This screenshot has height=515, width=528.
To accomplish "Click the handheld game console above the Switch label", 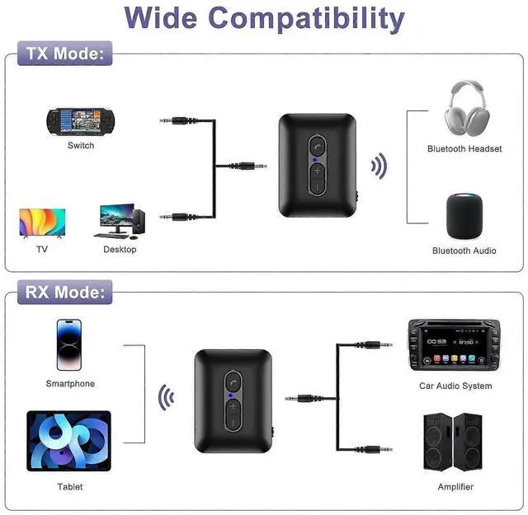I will click(x=80, y=121).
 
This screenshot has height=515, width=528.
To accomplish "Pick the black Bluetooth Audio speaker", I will click(x=464, y=215).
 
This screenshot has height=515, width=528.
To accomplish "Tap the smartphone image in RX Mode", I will click(x=70, y=344).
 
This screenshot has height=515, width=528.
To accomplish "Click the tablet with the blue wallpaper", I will click(x=69, y=442).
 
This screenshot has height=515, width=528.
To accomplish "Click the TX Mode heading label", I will click(x=65, y=54).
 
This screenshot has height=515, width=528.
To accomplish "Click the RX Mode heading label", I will click(x=65, y=291).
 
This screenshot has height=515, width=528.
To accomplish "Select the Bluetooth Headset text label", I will click(x=464, y=149).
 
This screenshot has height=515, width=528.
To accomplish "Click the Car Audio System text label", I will click(x=455, y=386).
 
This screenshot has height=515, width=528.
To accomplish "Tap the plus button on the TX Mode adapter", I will click(x=318, y=171).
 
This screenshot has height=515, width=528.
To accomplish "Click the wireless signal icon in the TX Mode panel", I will click(x=378, y=166).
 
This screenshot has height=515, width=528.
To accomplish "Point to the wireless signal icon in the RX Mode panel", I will click(x=167, y=399).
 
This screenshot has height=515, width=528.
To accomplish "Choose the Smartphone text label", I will click(x=70, y=384).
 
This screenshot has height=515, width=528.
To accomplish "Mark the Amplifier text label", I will click(x=456, y=487).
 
